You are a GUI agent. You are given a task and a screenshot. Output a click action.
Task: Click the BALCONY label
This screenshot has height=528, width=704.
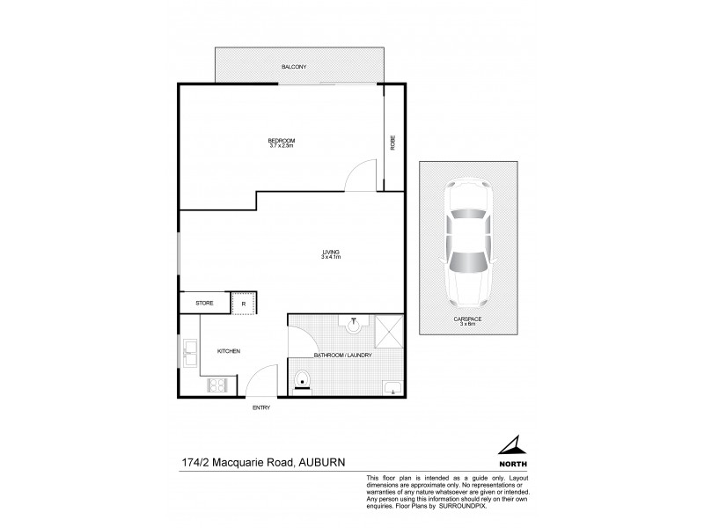coord(293,67)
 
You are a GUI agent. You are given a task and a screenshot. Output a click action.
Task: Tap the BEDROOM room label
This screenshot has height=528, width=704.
coord(282,140)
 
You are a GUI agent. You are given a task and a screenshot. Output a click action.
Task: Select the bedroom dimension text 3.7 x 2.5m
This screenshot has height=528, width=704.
coord(282,145)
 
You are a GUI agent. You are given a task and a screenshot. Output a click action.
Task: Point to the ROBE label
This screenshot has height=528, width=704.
coord(392,142)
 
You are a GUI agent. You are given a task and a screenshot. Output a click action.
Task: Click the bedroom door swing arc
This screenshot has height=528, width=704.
coord(359,176)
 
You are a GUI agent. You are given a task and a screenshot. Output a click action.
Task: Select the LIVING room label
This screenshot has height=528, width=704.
coord(330,253)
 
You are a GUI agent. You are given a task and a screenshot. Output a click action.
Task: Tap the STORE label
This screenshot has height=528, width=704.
coord(204,303)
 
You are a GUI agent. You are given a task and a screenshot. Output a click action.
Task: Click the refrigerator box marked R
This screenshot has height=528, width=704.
coord(244,303)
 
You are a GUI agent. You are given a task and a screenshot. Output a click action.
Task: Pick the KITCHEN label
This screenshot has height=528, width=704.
coord(229,351)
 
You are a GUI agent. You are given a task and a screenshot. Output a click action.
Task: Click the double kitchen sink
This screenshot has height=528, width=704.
coord(190,353)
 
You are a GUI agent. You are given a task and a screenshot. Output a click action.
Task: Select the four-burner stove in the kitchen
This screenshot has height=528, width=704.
coord(217,384)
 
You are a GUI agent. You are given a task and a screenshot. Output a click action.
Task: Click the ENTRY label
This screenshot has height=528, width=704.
coord(261,407)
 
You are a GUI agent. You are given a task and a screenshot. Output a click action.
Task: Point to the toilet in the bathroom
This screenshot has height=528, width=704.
coord(302,381)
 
